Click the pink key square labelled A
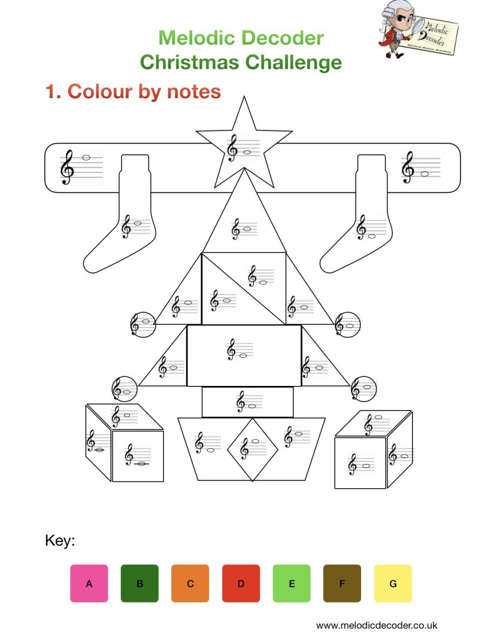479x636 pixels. [89, 583]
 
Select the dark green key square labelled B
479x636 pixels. [140, 583]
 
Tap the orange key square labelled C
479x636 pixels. [190, 583]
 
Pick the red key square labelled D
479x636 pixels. [241, 583]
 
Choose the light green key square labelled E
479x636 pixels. [292, 583]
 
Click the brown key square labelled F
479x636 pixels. [342, 583]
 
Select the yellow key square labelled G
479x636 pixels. [393, 583]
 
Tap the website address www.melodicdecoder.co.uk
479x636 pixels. [377, 624]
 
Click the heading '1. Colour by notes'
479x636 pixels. [133, 92]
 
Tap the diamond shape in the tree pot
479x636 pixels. [252, 449]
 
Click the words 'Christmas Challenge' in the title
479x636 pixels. [241, 62]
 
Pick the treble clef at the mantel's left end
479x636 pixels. [68, 167]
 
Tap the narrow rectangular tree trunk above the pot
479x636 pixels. [247, 401]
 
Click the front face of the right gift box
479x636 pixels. [360, 462]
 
